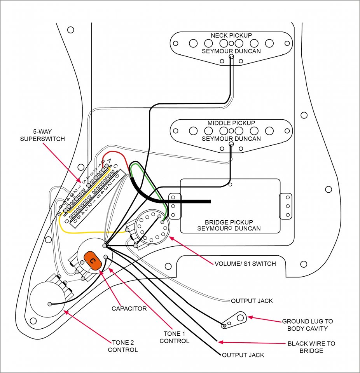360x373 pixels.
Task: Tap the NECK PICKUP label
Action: coord(231,35)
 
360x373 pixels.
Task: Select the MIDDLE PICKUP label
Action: coord(231,123)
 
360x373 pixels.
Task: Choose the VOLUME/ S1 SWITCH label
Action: coord(245,264)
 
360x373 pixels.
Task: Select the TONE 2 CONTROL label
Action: coord(123,346)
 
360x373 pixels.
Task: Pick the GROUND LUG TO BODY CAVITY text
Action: coord(308,325)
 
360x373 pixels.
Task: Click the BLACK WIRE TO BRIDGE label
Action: coord(311,347)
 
